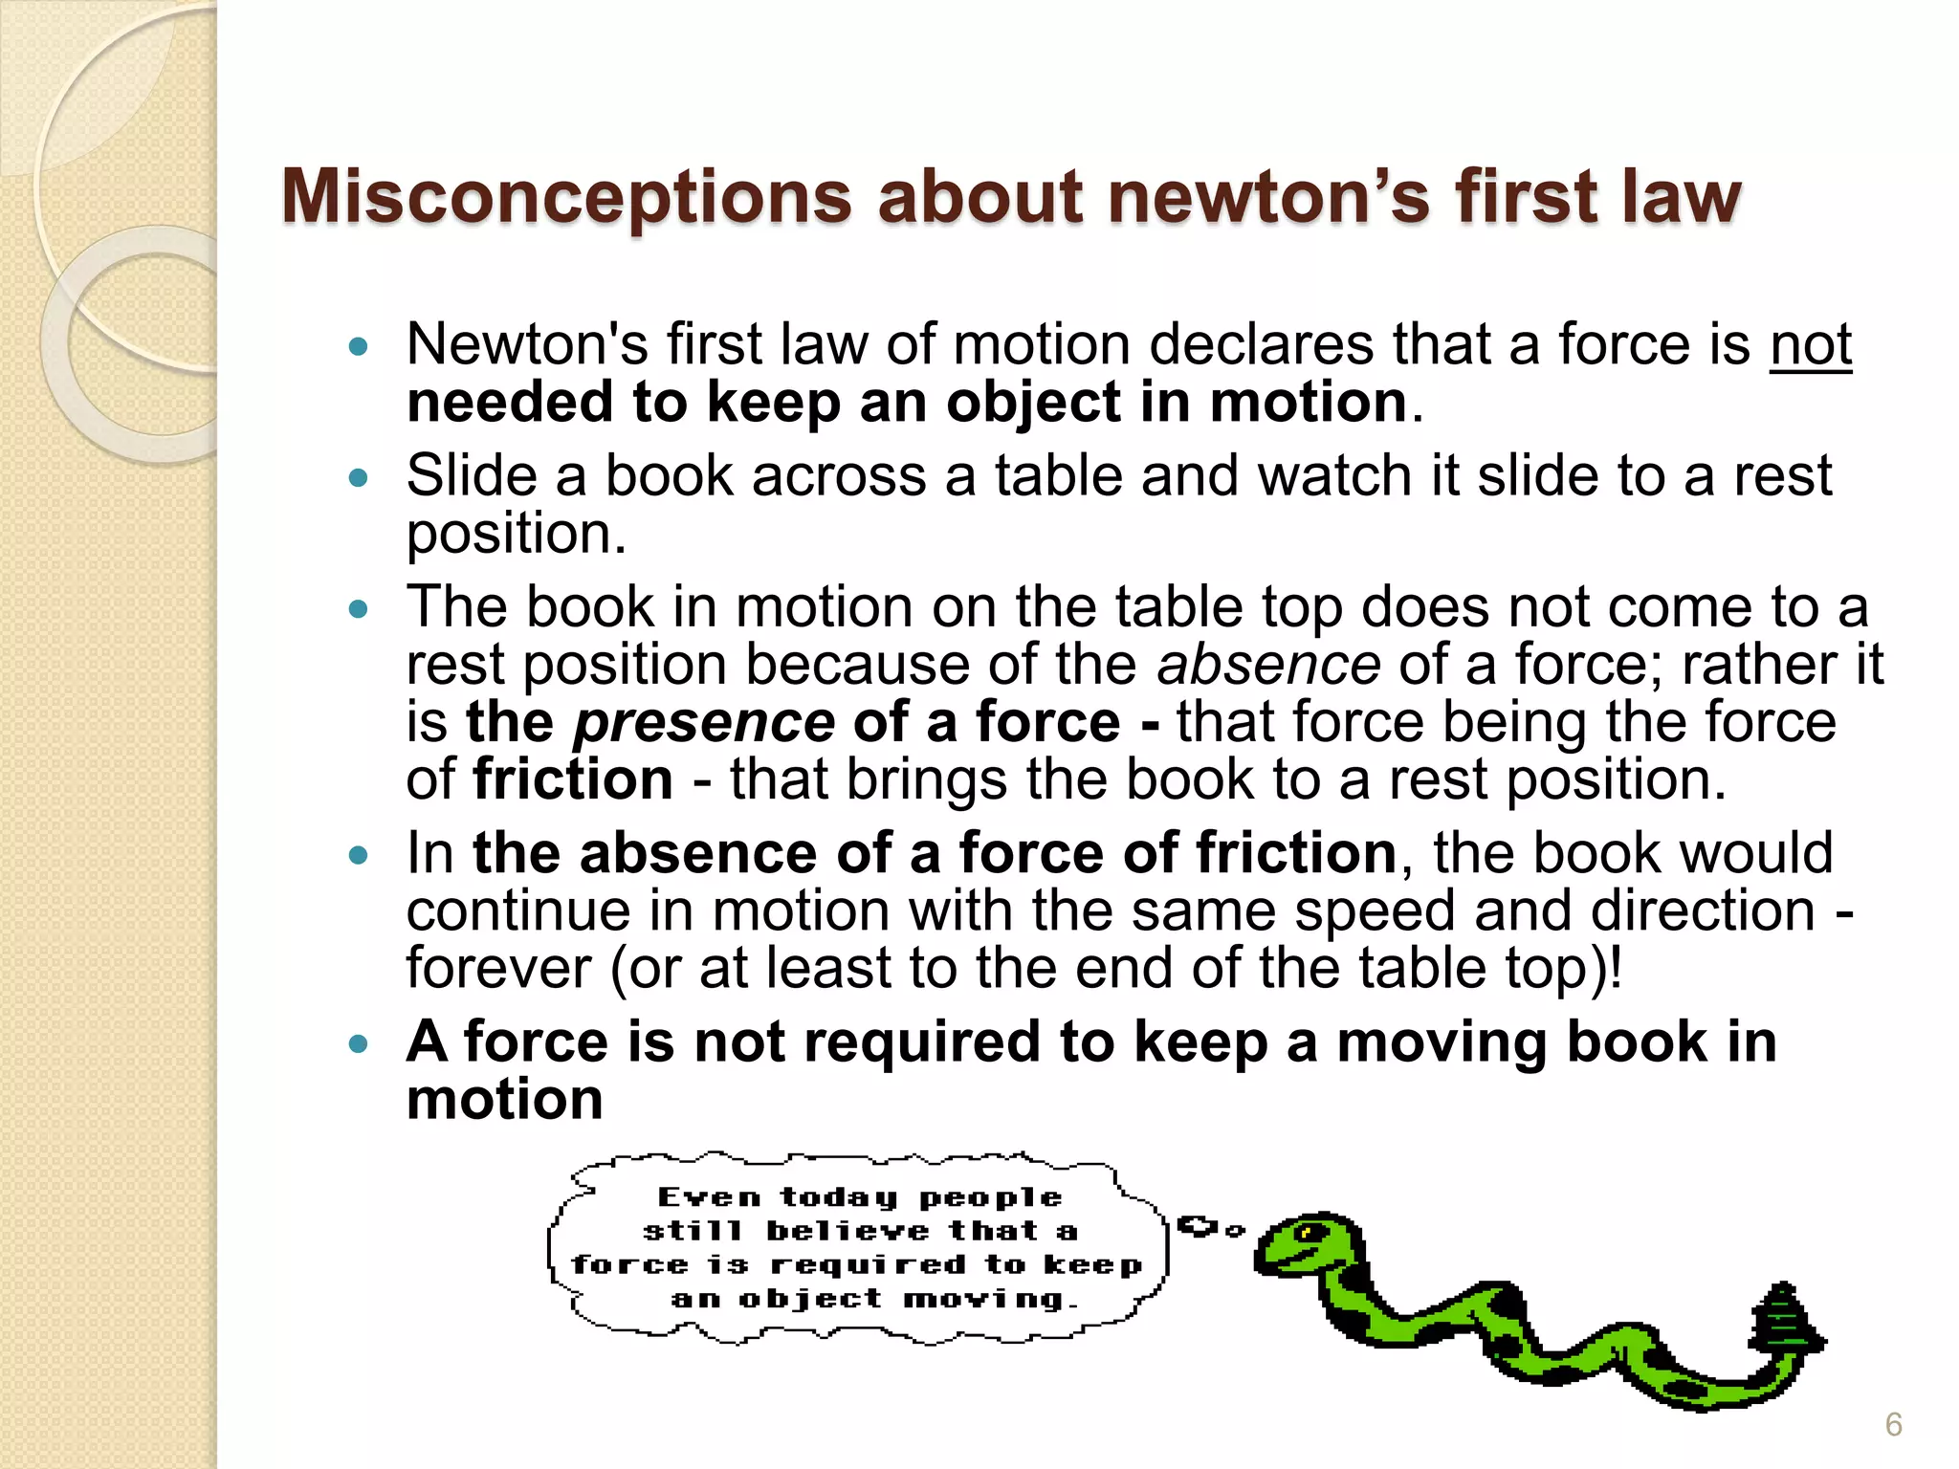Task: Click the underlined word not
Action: coord(1810,344)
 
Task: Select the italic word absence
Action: coord(1268,665)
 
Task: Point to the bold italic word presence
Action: coord(704,722)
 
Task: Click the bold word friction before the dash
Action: coord(573,779)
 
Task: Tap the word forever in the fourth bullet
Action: coord(498,968)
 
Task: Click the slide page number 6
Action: coord(1893,1425)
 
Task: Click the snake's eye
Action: coord(1308,1233)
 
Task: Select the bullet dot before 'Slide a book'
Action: coord(359,477)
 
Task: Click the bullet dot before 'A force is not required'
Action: coord(359,1043)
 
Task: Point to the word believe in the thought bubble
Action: coord(847,1232)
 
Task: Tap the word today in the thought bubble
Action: coord(839,1198)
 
